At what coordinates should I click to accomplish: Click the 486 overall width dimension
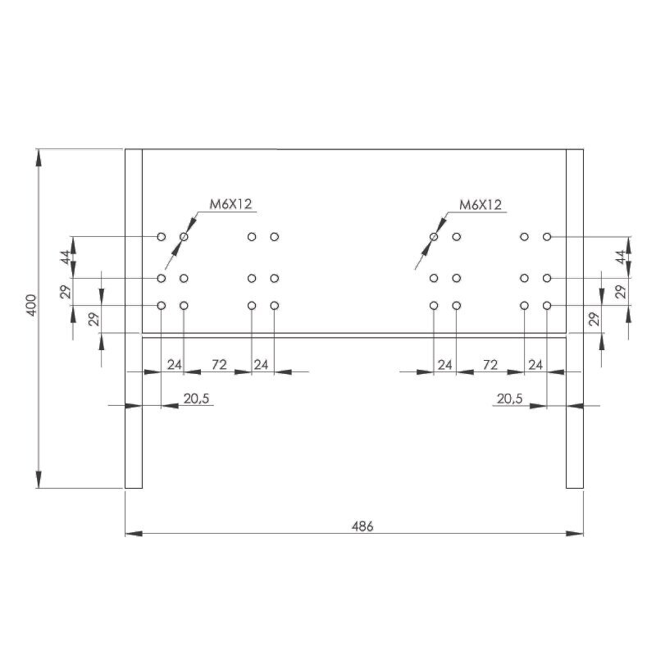click(x=362, y=526)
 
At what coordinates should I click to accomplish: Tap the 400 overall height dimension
click(x=32, y=305)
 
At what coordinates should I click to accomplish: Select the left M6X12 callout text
click(x=230, y=204)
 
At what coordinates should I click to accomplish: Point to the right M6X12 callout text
click(x=481, y=204)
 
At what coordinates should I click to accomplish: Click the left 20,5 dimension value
click(x=196, y=399)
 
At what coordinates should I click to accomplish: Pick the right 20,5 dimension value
click(x=509, y=399)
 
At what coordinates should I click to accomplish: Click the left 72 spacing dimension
click(x=219, y=365)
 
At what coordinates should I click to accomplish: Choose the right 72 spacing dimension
click(x=490, y=365)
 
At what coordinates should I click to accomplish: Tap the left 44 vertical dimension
click(x=66, y=257)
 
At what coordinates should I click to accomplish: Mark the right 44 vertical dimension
click(x=622, y=257)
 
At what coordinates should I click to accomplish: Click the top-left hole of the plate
click(x=161, y=237)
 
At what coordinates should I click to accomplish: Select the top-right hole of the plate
click(x=547, y=237)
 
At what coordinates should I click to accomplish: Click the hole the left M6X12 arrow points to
click(x=184, y=237)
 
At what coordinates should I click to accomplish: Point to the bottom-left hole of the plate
click(x=161, y=306)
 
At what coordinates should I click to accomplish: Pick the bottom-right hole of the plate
click(x=547, y=306)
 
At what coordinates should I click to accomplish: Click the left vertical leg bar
click(x=134, y=319)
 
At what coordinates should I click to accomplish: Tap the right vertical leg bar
click(x=575, y=319)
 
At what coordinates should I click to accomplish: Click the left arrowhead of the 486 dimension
click(x=134, y=534)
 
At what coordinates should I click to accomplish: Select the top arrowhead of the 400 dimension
click(x=39, y=158)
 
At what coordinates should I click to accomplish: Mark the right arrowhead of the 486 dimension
click(x=575, y=534)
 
